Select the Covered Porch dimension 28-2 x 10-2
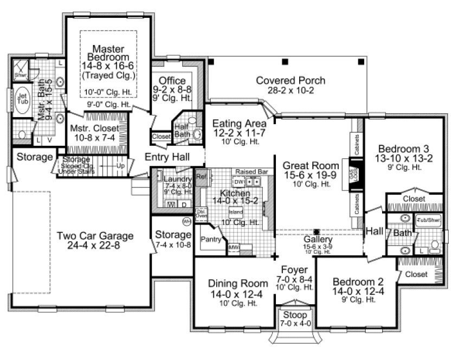[290, 91]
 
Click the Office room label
[172, 81]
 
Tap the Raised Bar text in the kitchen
[251, 171]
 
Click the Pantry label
[210, 239]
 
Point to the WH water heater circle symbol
[186, 221]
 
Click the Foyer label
[295, 269]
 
